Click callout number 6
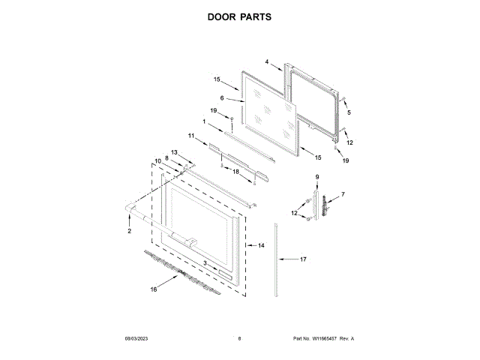pyautogui.click(x=222, y=98)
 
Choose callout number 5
pyautogui.click(x=348, y=112)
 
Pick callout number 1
pyautogui.click(x=204, y=121)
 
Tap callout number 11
pyautogui.click(x=191, y=136)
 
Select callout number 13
pyautogui.click(x=174, y=152)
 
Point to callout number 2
pyautogui.click(x=129, y=231)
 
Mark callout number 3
pyautogui.click(x=205, y=262)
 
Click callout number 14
pyautogui.click(x=262, y=245)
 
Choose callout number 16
pyautogui.click(x=153, y=289)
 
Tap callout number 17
pyautogui.click(x=304, y=259)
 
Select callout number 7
pyautogui.click(x=343, y=195)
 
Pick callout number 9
pyautogui.click(x=316, y=176)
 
